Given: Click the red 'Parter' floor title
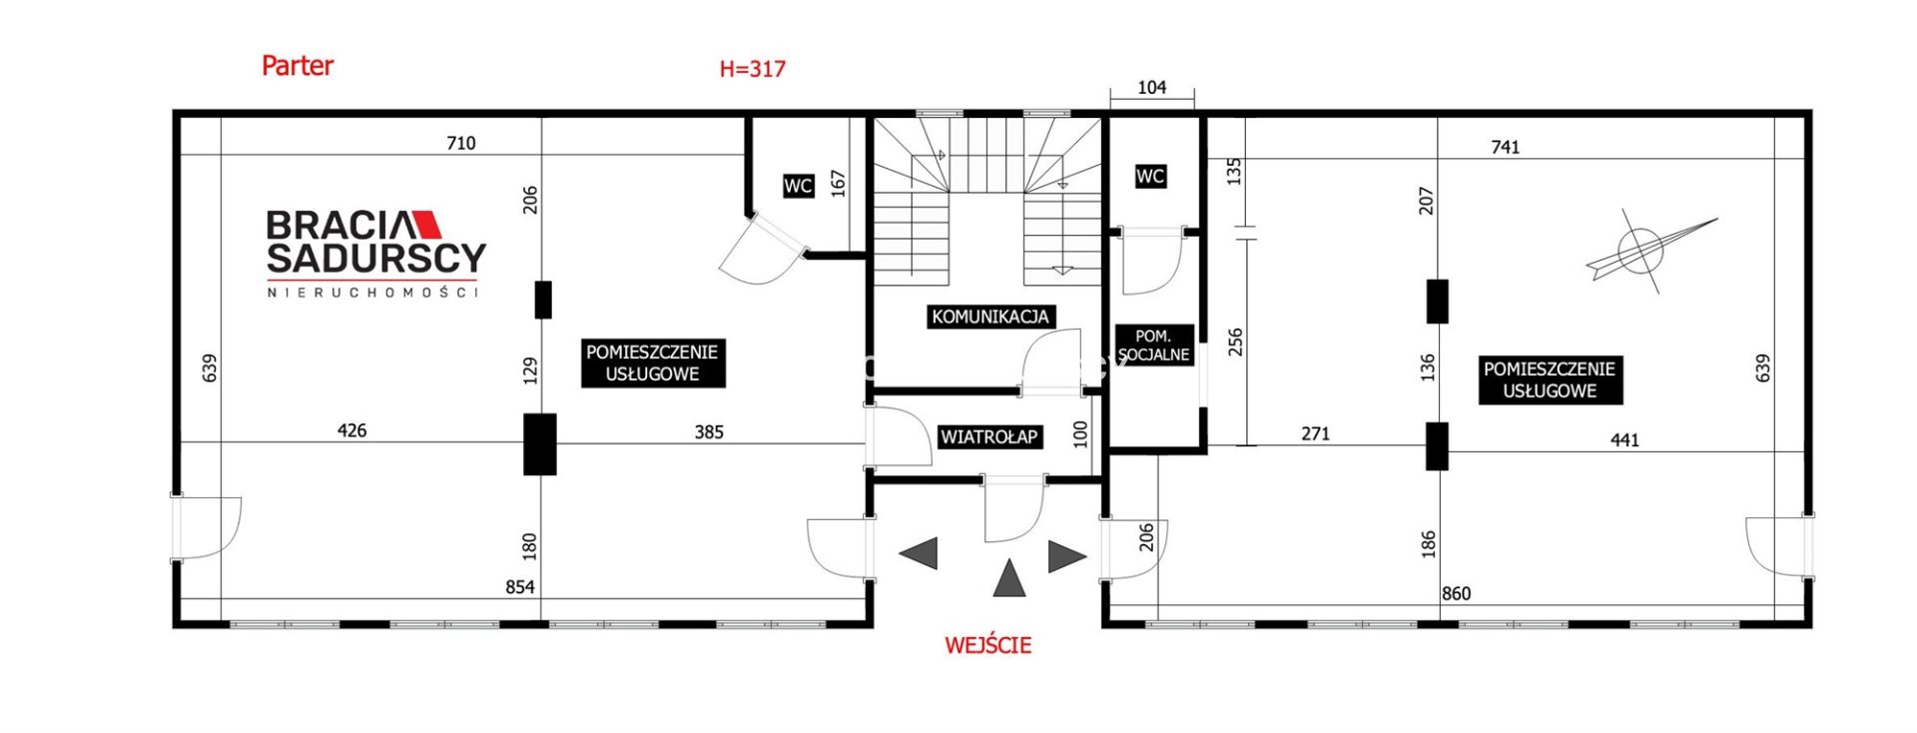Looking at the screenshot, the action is (297, 66).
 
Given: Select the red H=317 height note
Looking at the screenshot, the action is (752, 69).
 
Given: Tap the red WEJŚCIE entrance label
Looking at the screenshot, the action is (987, 644).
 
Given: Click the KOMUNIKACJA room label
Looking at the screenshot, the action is (990, 317).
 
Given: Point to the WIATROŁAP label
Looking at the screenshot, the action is (989, 436).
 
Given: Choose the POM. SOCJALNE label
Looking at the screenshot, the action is (1153, 346).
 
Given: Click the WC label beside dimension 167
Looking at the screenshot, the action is (798, 186).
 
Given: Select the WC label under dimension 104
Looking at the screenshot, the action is (1149, 177).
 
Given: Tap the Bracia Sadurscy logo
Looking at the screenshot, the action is (375, 253).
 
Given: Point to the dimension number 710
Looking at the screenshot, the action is (460, 143).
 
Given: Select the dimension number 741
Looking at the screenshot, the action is (1505, 147).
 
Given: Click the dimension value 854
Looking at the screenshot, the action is (519, 587).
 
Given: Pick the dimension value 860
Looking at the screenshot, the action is (1456, 593).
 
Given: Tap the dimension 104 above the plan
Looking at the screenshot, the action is (1151, 88).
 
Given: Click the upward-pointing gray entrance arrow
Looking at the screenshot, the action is (1009, 578).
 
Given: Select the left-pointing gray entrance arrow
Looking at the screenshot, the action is (919, 553).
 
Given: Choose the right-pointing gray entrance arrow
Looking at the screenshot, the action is (1067, 556).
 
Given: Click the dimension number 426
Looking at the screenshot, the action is (351, 430).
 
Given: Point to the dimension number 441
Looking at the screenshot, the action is (1624, 439).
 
